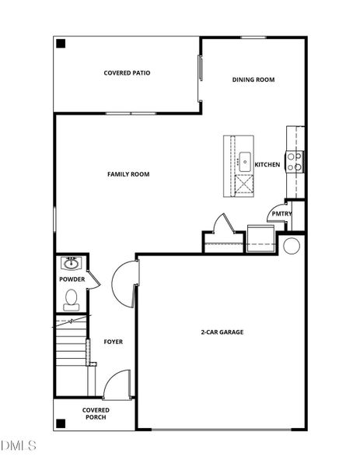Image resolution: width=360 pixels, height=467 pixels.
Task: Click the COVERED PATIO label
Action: (x=127, y=73)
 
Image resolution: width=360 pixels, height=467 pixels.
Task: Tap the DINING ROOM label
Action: (x=253, y=79)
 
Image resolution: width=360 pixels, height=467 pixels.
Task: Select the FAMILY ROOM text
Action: (x=128, y=174)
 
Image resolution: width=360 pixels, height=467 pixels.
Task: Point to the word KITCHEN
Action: (x=267, y=165)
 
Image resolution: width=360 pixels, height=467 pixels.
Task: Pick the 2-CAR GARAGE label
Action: (x=222, y=332)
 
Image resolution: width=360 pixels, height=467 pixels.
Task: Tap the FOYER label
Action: (x=114, y=342)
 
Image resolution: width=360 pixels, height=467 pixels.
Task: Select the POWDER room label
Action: (x=72, y=279)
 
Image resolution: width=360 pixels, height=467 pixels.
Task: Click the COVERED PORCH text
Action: (x=96, y=413)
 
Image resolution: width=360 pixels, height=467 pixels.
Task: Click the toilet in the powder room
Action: (x=71, y=298)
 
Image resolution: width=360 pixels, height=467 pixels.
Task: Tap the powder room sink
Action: (x=71, y=262)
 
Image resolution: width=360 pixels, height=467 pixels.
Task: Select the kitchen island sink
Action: (x=245, y=162)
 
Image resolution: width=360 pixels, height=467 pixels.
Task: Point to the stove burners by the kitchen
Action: (x=295, y=161)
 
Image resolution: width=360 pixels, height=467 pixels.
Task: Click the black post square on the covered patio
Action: (x=61, y=44)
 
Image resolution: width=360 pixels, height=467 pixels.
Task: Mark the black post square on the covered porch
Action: (x=61, y=423)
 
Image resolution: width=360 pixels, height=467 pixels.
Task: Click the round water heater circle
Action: (x=292, y=246)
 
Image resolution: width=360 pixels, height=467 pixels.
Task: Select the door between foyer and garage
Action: (x=124, y=282)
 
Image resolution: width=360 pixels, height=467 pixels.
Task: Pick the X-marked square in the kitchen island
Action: (x=244, y=184)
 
